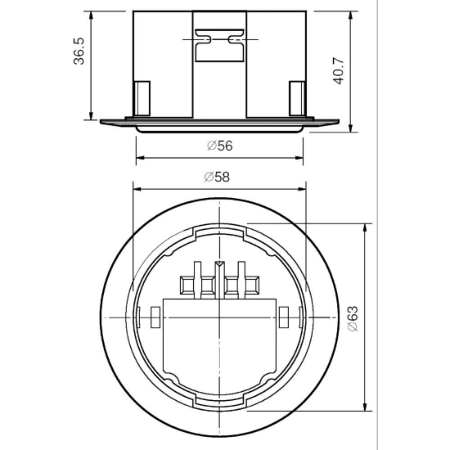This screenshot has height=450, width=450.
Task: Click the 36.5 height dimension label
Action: pyautogui.click(x=79, y=51)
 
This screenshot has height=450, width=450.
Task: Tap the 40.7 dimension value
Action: pyautogui.click(x=339, y=71)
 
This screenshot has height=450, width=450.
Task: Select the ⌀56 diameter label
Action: pyautogui.click(x=220, y=146)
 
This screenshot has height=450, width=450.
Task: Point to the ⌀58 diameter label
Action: pyautogui.click(x=217, y=177)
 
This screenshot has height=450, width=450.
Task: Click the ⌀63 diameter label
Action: pyautogui.click(x=353, y=318)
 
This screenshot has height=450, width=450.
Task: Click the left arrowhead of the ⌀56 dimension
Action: pyautogui.click(x=140, y=158)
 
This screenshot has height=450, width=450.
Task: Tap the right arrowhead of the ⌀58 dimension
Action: pyautogui.click(x=302, y=189)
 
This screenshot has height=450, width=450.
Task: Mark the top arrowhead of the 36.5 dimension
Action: pyautogui.click(x=92, y=16)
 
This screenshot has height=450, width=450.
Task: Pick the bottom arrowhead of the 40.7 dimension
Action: pyautogui.click(x=350, y=128)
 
